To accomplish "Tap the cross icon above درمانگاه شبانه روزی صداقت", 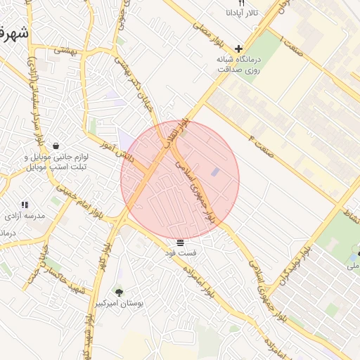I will point(239,49).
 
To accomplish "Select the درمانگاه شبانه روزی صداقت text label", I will point(239,65).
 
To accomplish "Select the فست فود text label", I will point(181,252).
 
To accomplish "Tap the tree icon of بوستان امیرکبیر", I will point(118,291).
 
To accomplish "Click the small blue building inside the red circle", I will point(215,171).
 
